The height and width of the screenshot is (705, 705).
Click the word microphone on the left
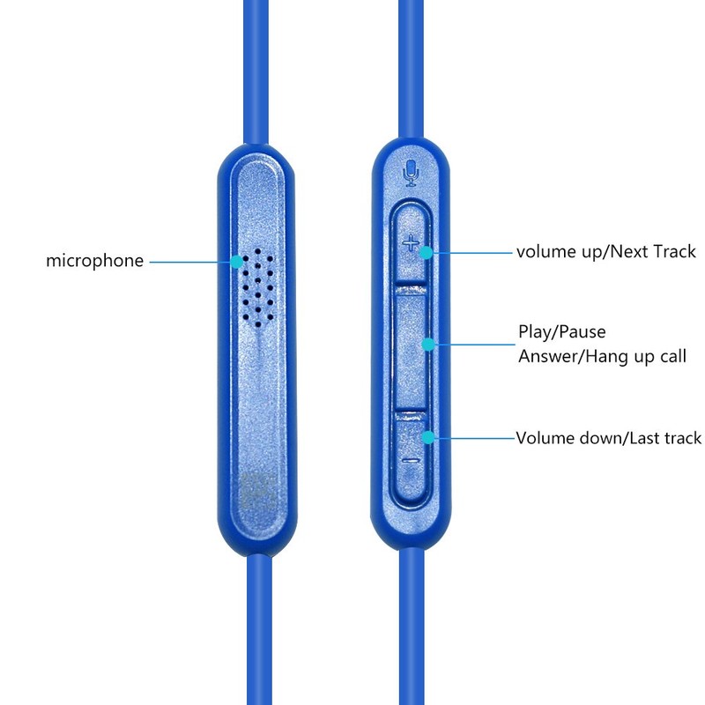[x=95, y=261]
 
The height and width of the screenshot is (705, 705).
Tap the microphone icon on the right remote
[x=412, y=173]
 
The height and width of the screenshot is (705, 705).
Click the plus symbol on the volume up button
[x=411, y=245]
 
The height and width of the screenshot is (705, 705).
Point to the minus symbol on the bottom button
[x=411, y=460]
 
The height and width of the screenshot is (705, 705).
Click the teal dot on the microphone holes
[x=237, y=262]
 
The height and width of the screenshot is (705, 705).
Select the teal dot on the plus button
[x=427, y=253]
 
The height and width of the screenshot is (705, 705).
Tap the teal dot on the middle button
[x=429, y=345]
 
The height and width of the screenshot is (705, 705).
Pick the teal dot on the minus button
[x=428, y=437]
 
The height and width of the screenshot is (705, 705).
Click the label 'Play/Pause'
[x=562, y=332]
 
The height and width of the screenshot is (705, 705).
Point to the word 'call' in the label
[x=673, y=356]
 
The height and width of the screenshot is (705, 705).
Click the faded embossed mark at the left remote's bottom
[x=258, y=491]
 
